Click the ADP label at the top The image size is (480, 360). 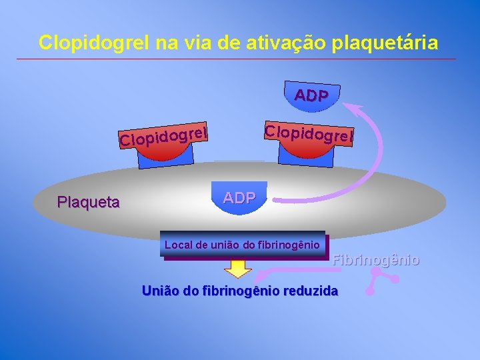point(311,95)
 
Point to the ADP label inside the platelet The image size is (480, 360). point(239,197)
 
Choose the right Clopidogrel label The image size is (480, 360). point(307,133)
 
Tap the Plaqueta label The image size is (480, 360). point(89,202)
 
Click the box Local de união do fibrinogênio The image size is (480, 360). point(243,245)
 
